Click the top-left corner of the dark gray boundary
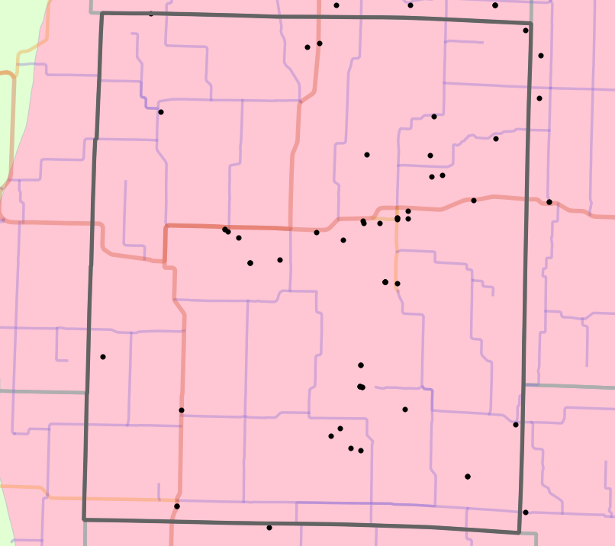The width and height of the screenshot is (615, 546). [101, 13]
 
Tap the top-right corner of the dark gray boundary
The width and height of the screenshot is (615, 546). [531, 24]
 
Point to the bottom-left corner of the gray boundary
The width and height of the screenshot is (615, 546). [84, 520]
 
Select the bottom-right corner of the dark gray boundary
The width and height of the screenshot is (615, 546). [519, 532]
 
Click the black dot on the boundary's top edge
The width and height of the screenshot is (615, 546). [150, 13]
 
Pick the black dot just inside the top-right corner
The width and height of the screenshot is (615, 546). [526, 31]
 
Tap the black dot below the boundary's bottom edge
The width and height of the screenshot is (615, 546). [269, 528]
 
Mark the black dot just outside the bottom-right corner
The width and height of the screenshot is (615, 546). [526, 512]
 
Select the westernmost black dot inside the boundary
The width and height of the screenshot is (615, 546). [103, 357]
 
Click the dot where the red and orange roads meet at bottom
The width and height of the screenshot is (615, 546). [176, 506]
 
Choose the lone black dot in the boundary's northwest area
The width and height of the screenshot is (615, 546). [161, 112]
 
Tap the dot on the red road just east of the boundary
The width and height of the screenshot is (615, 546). [549, 202]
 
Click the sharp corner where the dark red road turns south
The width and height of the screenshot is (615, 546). [166, 226]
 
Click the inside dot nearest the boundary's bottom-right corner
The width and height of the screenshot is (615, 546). [516, 425]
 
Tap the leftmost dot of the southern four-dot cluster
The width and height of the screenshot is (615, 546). [331, 436]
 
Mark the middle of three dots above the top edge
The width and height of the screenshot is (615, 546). [411, 5]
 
